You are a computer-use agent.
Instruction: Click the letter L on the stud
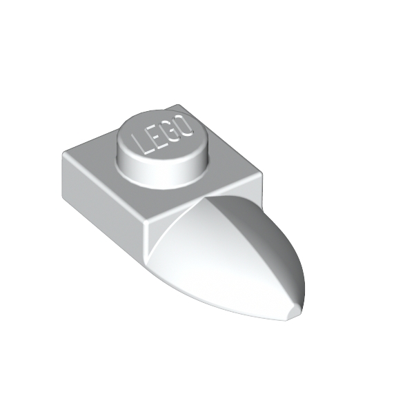coord(140,145)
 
